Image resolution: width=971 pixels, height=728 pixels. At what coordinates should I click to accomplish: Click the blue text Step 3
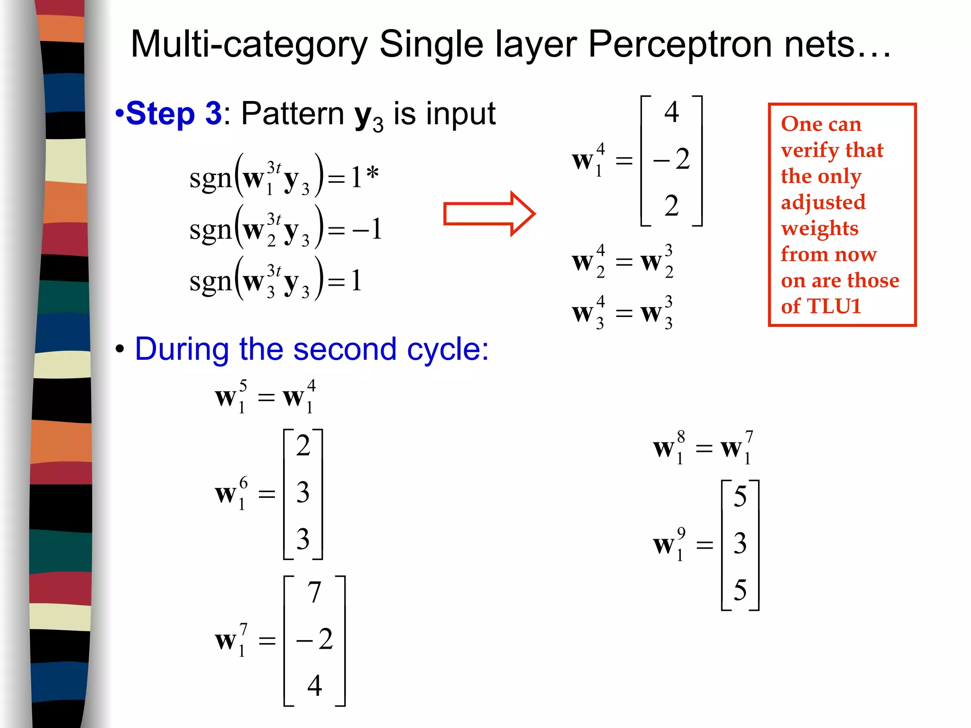coord(174,113)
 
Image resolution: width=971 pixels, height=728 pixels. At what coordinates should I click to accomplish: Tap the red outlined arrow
coord(489,214)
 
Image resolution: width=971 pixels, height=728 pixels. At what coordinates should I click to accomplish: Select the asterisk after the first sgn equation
coord(373,174)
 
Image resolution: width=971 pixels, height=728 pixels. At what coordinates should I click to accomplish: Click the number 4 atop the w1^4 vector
coord(671,112)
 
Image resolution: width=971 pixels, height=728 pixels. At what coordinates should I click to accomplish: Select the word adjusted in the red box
coord(823,203)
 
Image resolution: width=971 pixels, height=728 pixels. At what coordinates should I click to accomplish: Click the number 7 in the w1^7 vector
coord(314,592)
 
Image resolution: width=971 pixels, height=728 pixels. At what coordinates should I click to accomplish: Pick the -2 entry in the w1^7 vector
coord(314,639)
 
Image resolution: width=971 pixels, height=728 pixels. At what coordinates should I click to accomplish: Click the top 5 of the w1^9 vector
coord(740,496)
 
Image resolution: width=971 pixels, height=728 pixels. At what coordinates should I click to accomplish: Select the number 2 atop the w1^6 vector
coord(303,445)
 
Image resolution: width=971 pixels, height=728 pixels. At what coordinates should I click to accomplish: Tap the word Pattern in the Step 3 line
coord(293,113)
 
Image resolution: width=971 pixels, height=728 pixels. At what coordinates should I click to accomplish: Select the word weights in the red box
coord(820,228)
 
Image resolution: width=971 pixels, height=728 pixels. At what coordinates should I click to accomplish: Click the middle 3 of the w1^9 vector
coord(740,543)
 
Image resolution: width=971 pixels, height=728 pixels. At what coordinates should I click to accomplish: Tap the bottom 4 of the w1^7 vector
coord(314,685)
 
